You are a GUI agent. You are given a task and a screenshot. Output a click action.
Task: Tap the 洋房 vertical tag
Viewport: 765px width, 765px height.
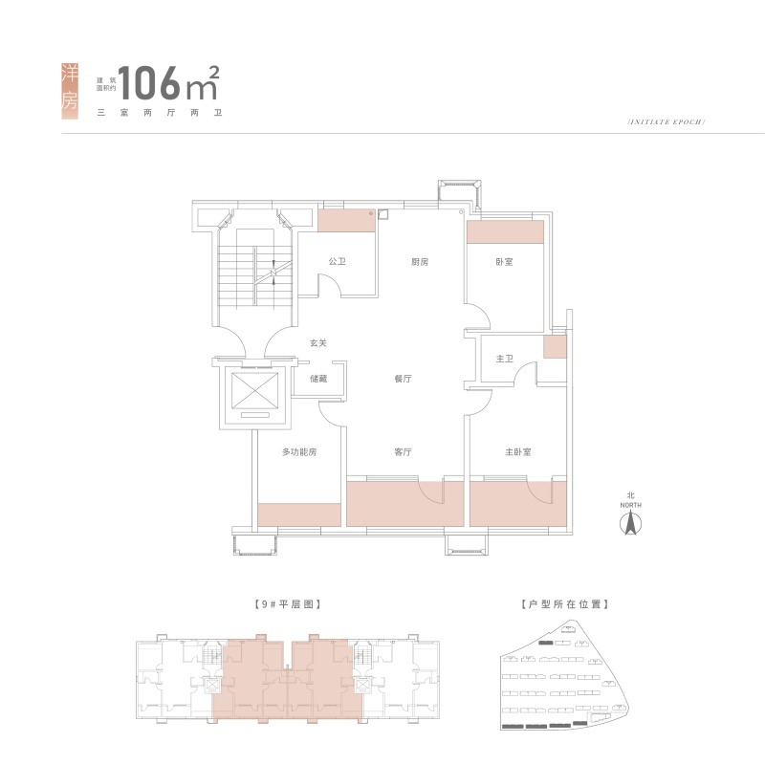point(69,91)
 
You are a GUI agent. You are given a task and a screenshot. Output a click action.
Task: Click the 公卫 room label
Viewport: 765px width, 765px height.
point(337,261)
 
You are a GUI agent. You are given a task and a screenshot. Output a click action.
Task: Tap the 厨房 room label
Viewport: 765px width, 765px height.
point(419,261)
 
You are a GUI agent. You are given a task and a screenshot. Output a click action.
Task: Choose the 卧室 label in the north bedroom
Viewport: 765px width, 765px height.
point(504,261)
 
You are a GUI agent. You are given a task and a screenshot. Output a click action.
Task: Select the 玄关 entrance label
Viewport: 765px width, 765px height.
point(317,343)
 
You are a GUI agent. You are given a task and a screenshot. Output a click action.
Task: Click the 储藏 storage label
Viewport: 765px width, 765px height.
point(319,379)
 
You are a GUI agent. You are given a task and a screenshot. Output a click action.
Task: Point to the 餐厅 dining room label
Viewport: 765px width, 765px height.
point(403,379)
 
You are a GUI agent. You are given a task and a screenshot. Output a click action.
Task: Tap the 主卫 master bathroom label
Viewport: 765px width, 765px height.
point(505,359)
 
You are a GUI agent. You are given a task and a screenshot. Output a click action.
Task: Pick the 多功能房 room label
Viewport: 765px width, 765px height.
point(298,451)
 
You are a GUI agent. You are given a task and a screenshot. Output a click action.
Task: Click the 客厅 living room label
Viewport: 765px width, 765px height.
point(403,451)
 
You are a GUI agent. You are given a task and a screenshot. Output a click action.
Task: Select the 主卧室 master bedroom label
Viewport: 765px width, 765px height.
point(518,451)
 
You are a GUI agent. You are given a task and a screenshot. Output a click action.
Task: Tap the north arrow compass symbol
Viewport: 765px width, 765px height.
point(630,524)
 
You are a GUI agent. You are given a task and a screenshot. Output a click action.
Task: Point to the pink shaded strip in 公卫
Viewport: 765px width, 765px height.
point(346,221)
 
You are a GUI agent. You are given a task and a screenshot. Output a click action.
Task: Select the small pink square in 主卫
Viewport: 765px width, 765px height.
point(555,347)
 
